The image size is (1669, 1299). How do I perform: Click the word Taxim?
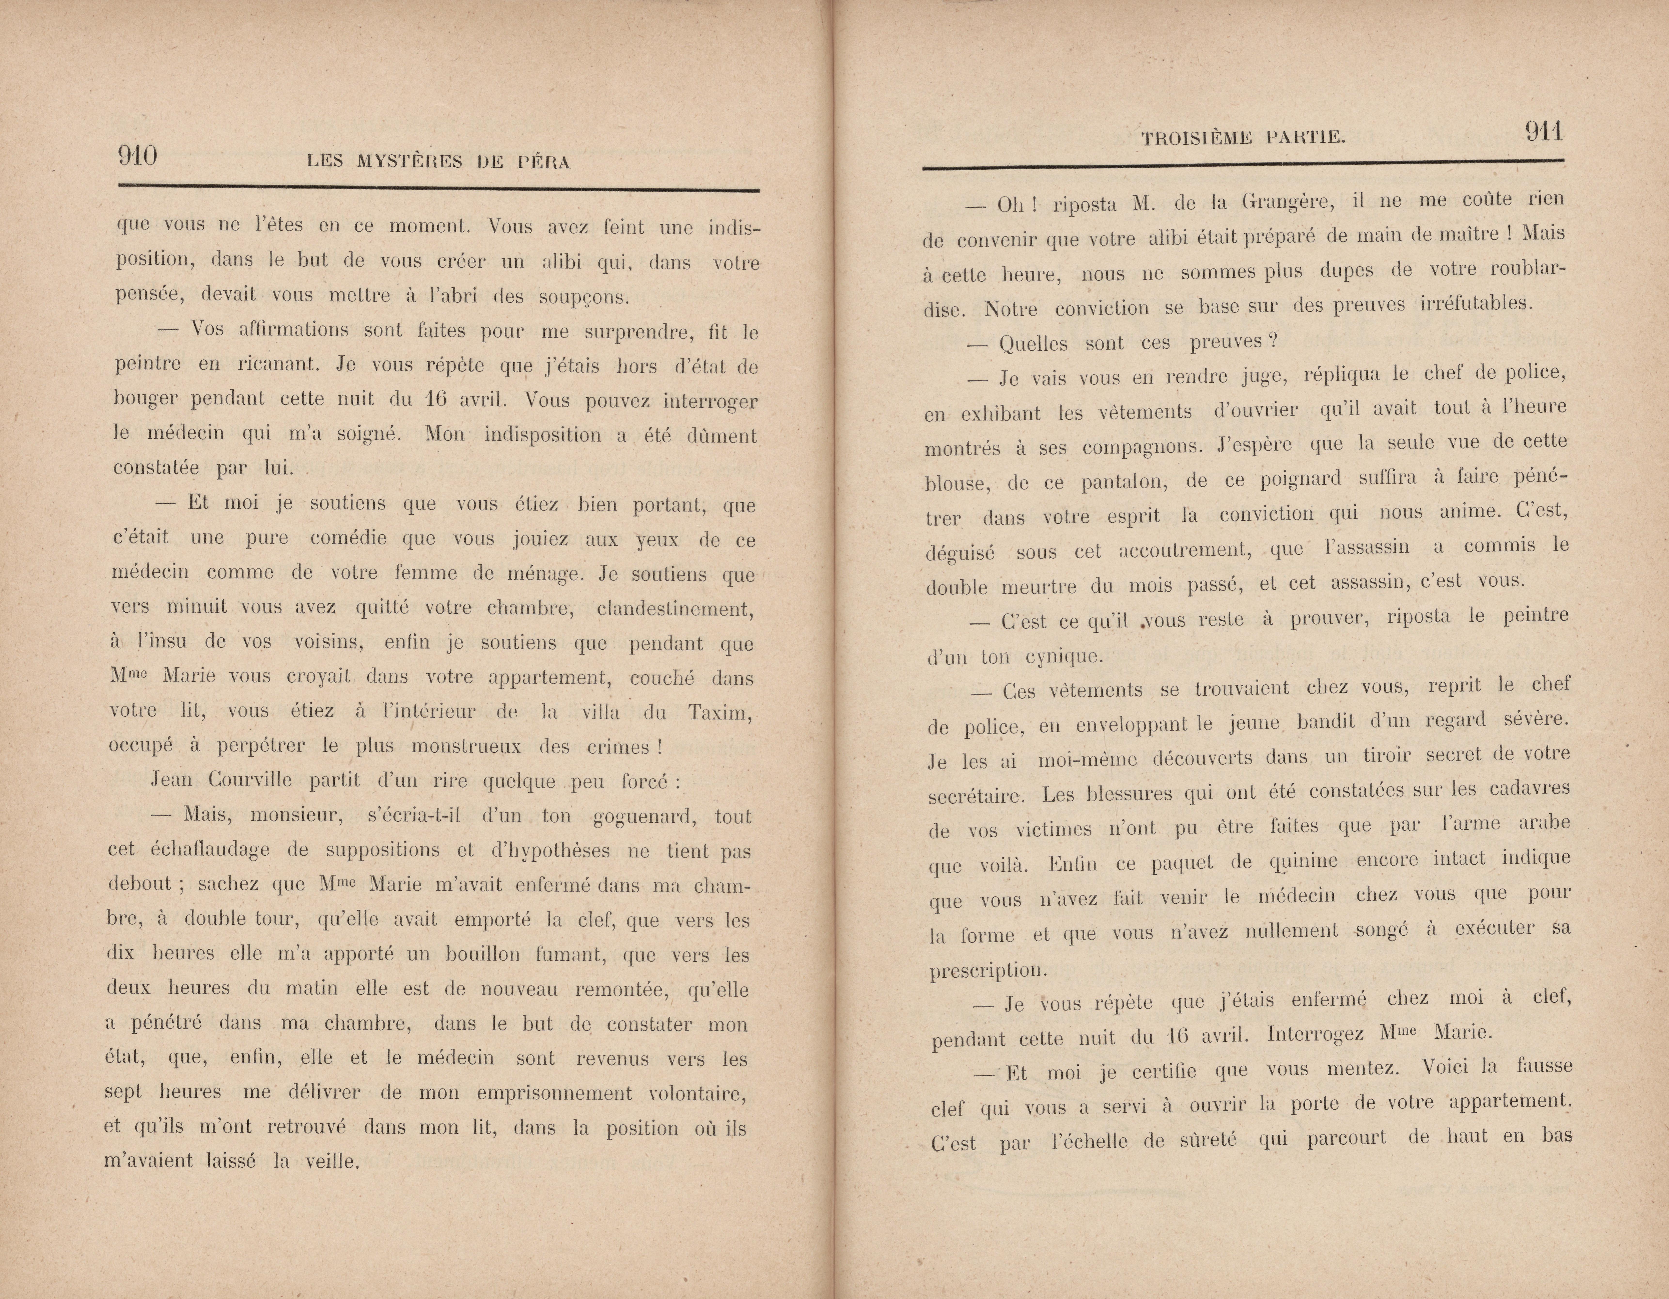(720, 712)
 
